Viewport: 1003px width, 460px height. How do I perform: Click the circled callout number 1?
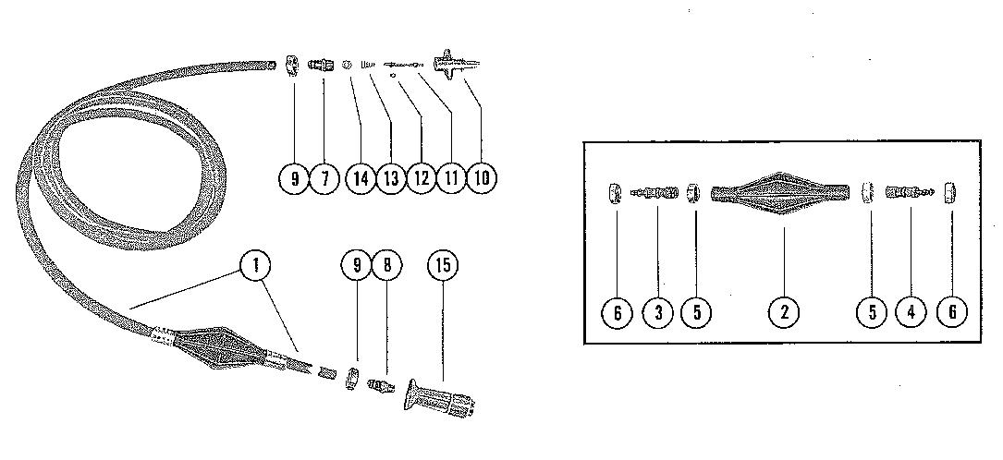pyautogui.click(x=256, y=266)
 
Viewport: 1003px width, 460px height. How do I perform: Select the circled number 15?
pyautogui.click(x=444, y=266)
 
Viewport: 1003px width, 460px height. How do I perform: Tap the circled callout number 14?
pyautogui.click(x=360, y=178)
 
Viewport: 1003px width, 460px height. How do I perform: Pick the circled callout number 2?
pyautogui.click(x=783, y=311)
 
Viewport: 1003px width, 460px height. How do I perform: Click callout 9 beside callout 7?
pyautogui.click(x=295, y=178)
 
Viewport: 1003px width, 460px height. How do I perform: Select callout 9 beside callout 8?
pyautogui.click(x=356, y=266)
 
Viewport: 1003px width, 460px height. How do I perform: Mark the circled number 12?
pyautogui.click(x=421, y=178)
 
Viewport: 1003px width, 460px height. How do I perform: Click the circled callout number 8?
pyautogui.click(x=386, y=266)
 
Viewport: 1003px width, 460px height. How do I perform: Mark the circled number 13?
pyautogui.click(x=390, y=178)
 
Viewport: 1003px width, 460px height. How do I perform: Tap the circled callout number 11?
pyautogui.click(x=451, y=178)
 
